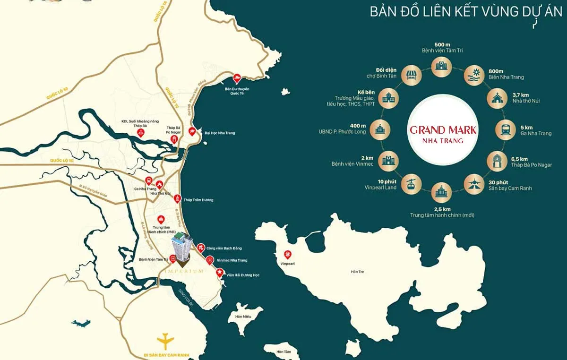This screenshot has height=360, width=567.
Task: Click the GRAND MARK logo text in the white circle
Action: click(443, 130)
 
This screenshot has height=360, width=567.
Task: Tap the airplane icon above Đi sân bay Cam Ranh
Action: click(165, 339)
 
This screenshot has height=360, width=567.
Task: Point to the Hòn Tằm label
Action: click(284, 351)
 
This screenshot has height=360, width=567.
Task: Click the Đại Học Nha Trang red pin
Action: click(192, 132)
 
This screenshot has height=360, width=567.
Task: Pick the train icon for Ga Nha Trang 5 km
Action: click(504, 129)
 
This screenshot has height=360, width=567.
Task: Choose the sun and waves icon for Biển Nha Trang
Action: click(472, 74)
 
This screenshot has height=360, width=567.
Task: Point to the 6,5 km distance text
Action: click(520, 159)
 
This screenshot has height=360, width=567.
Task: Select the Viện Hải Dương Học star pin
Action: click(219, 273)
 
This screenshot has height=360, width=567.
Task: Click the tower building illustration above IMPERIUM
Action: click(182, 248)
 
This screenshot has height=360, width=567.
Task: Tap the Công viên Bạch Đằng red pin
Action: click(201, 247)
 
